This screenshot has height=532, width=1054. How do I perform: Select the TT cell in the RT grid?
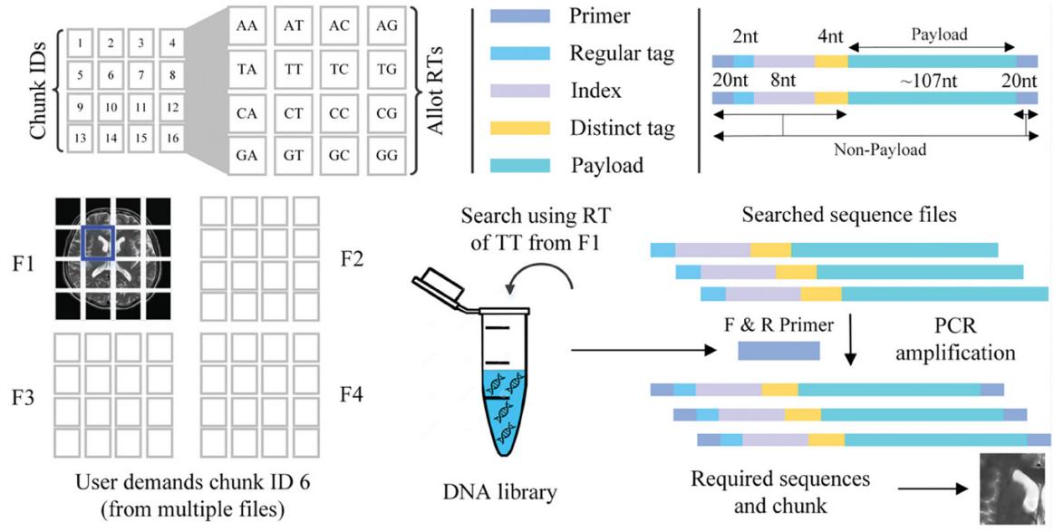(x=294, y=69)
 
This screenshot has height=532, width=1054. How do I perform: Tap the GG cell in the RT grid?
(x=389, y=153)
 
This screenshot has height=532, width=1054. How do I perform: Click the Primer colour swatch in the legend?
(x=518, y=16)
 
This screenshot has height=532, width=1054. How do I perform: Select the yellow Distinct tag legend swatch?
(x=518, y=129)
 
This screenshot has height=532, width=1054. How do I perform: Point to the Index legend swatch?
(x=518, y=91)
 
